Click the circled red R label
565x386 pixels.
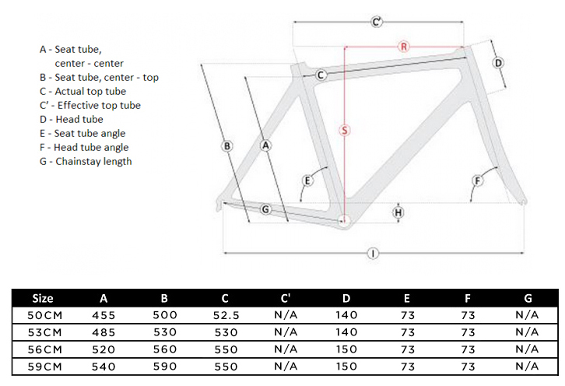coord(404,46)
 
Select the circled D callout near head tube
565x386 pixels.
coord(499,63)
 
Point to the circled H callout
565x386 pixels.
coord(398,212)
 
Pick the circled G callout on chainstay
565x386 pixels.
coord(265,209)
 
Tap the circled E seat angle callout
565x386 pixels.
coord(307,181)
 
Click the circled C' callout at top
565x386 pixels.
coord(377,22)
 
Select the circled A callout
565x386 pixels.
coord(265,146)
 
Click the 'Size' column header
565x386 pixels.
coord(43,298)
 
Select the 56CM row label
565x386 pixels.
coord(43,349)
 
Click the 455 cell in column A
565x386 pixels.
coord(104,315)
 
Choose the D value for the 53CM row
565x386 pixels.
coord(346,332)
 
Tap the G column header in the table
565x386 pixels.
coord(528,298)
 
